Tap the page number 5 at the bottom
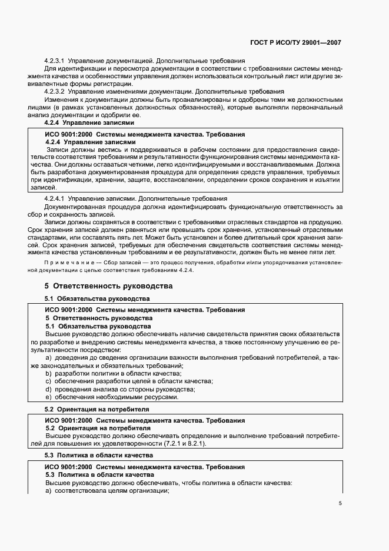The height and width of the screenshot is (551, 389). [x=340, y=503]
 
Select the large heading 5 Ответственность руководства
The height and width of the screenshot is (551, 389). [x=108, y=286]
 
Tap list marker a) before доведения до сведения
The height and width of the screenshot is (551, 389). [x=48, y=358]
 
